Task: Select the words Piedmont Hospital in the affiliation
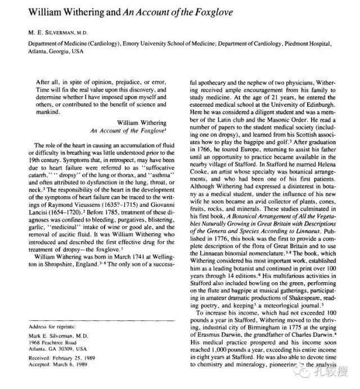[323, 43]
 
